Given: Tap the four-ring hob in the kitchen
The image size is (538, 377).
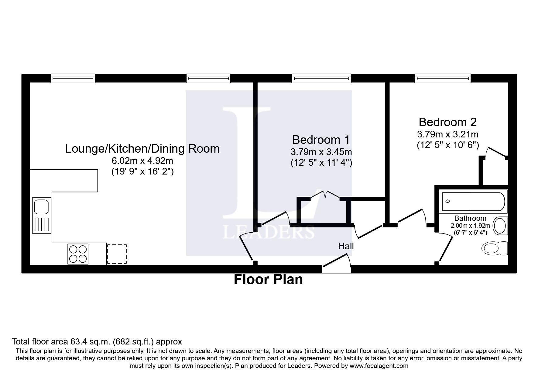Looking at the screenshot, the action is [x=78, y=254].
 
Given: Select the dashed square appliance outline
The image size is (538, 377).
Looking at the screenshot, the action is [x=117, y=254].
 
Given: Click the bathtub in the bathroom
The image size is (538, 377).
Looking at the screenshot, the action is [x=473, y=202].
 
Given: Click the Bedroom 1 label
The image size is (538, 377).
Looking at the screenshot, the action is [x=321, y=140].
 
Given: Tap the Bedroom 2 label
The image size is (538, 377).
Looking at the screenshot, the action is [x=448, y=122].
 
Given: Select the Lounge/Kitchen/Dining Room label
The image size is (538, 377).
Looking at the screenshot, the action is [x=142, y=149].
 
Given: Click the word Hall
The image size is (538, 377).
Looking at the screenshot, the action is [x=346, y=246].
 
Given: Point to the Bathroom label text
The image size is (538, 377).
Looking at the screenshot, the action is [x=470, y=218].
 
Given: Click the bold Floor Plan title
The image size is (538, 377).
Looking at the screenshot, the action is [x=268, y=280].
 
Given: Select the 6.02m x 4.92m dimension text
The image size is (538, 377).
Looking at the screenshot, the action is [x=142, y=161].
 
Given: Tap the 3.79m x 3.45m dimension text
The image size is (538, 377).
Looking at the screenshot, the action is [x=321, y=152].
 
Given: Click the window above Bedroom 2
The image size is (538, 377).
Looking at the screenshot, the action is [x=443, y=79].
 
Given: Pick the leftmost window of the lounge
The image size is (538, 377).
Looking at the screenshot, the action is [x=73, y=79].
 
